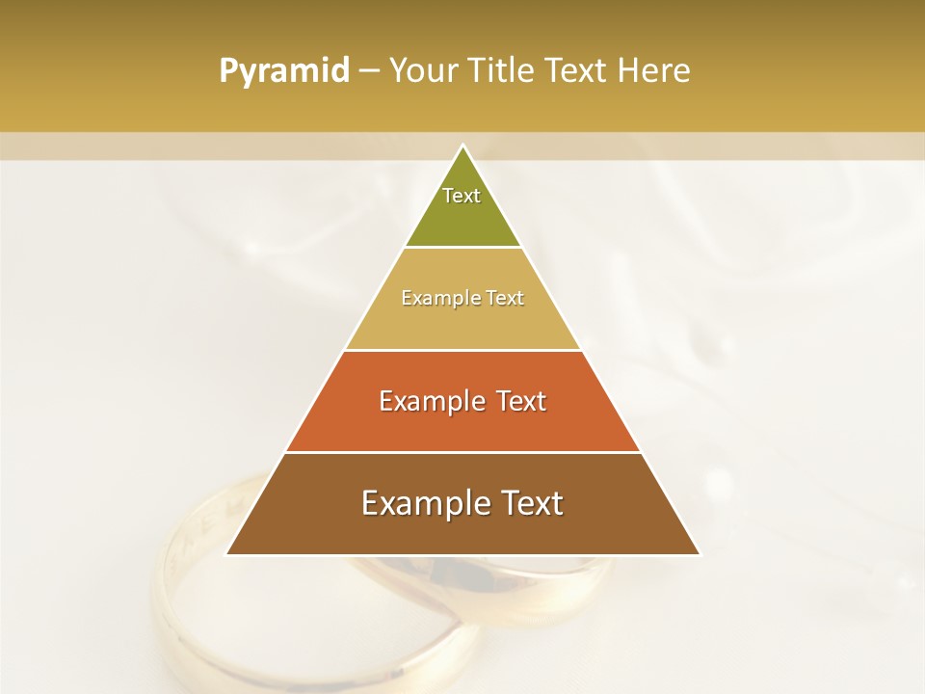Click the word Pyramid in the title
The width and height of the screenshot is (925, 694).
[x=283, y=71]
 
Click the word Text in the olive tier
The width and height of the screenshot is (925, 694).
[x=462, y=196]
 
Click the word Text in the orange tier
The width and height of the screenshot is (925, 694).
[x=520, y=401]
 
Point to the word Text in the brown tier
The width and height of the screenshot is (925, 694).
[x=531, y=503]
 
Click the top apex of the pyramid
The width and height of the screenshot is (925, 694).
[x=462, y=147]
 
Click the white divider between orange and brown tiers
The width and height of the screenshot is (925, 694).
[x=462, y=452]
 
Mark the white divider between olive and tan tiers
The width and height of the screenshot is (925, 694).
[x=462, y=248]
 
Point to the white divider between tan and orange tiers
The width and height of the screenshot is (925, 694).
[x=462, y=350]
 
